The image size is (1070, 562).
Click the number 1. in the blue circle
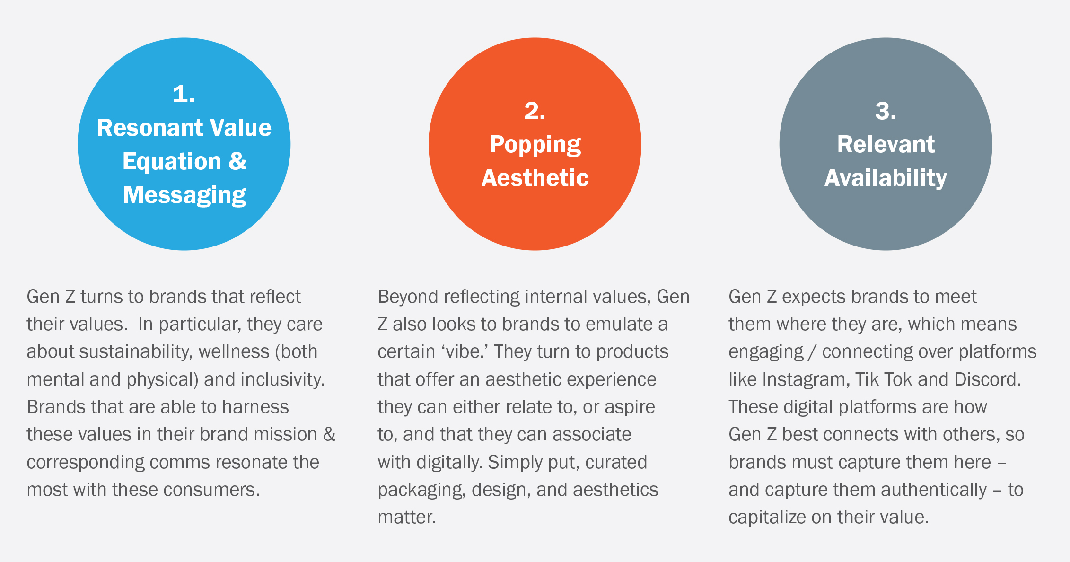pos(184,94)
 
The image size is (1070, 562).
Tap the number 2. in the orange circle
pos(535,111)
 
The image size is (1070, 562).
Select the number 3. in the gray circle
pos(886,111)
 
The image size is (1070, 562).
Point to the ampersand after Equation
pos(237,161)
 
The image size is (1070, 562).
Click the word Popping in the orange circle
pos(535,145)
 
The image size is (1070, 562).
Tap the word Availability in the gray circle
pos(886,179)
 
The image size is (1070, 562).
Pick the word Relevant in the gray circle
pos(886,144)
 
